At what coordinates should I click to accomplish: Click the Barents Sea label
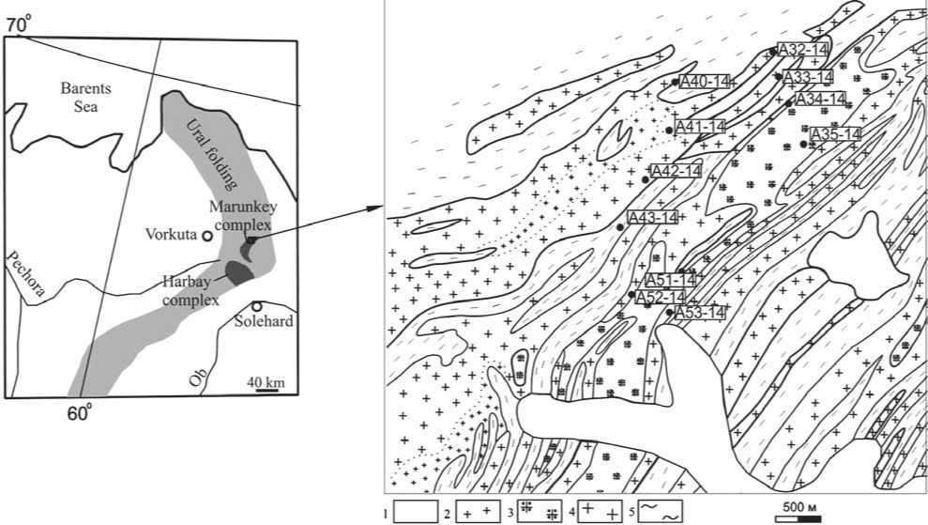[x=85, y=98]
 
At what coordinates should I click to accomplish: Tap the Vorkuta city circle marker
[x=207, y=236]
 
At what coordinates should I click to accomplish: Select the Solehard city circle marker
[x=256, y=306]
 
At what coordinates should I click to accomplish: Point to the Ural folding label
[x=212, y=154]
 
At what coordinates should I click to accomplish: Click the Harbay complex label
[x=190, y=291]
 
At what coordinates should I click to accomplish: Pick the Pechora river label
[x=25, y=273]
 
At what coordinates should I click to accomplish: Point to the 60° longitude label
[x=80, y=413]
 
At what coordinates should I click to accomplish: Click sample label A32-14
[x=802, y=50]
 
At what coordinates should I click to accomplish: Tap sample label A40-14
[x=705, y=81]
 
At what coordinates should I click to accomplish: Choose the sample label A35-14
[x=835, y=135]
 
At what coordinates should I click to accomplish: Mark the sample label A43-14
[x=652, y=218]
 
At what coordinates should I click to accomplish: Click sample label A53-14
[x=699, y=312]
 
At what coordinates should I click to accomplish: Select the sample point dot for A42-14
[x=646, y=179]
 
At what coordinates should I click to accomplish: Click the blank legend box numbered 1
[x=416, y=511]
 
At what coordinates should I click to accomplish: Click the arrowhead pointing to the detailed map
[x=376, y=208]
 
